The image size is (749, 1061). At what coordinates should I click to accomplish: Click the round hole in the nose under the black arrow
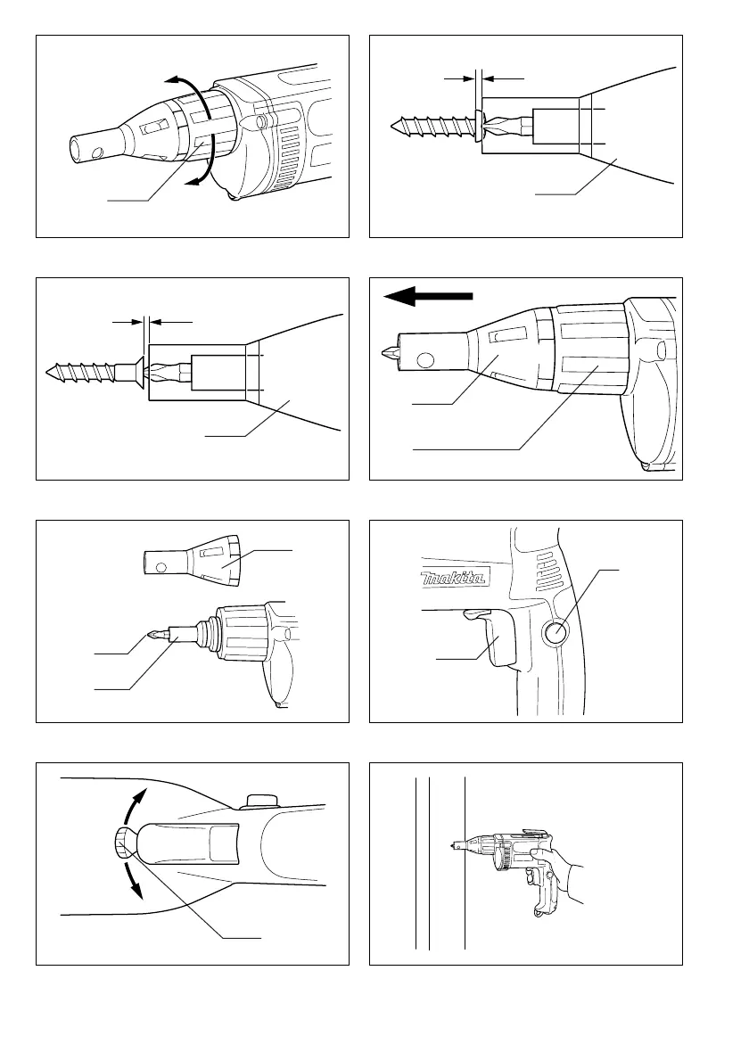point(426,360)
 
